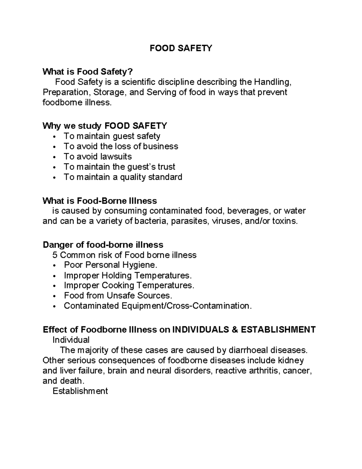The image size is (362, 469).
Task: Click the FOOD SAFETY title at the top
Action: [x=181, y=48]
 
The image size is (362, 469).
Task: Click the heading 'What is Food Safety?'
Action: [x=87, y=72]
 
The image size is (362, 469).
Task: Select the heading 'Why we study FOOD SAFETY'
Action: [x=105, y=126]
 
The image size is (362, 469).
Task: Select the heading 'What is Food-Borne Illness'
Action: [x=100, y=201]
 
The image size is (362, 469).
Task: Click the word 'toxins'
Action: [x=285, y=221]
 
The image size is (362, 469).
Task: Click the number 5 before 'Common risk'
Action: [x=55, y=255]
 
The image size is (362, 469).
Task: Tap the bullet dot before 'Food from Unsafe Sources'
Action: [x=54, y=296]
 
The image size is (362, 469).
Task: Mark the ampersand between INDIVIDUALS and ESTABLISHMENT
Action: [x=235, y=329]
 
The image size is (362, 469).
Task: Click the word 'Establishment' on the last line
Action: [x=80, y=391]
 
